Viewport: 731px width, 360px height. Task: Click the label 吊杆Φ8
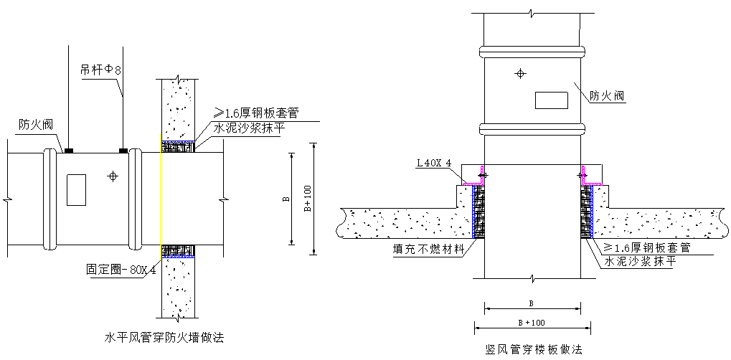100,71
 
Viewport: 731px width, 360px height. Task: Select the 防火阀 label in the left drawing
36,125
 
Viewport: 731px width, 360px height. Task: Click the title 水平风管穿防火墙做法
164,338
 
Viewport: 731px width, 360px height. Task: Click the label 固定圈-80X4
121,270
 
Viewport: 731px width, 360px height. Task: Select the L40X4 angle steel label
435,164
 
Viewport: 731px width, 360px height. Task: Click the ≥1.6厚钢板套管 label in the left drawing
256,113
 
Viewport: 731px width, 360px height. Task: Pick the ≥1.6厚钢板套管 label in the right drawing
647,247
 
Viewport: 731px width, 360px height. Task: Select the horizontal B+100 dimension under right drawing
532,322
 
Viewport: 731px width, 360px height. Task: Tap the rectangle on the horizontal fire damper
77,190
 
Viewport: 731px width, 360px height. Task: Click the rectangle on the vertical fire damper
552,100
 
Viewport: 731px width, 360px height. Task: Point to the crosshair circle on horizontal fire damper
113,176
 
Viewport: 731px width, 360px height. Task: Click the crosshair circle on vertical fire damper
521,73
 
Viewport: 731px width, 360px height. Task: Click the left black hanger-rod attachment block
69,151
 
